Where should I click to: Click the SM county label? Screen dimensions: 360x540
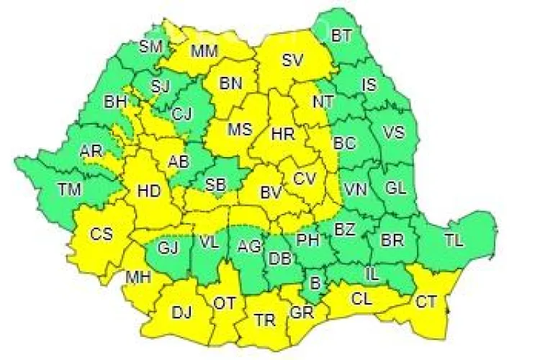(x=151, y=48)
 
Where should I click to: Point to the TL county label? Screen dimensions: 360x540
(x=454, y=242)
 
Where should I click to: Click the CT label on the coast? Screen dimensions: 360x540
(x=426, y=302)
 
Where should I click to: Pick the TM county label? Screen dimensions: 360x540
(x=71, y=190)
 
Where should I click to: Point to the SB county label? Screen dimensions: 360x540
(x=215, y=184)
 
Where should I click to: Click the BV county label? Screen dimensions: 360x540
(x=270, y=192)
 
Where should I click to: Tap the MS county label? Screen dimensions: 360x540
(x=240, y=130)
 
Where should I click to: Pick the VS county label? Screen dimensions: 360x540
(x=393, y=133)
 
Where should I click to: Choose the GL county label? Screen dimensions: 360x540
(x=396, y=189)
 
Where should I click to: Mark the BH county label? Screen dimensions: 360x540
(x=115, y=102)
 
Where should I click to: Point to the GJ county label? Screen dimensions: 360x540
(x=168, y=248)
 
